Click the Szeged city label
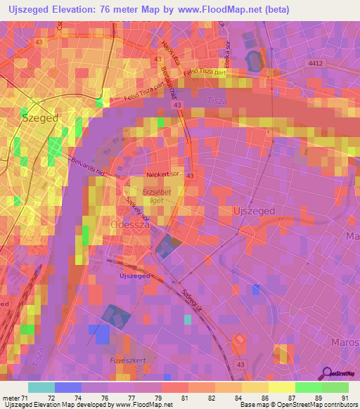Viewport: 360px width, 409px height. pos(39,118)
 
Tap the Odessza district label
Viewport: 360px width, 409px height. pos(130,225)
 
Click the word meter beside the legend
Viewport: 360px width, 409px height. pos(10,398)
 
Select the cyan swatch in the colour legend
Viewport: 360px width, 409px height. pos(41,387)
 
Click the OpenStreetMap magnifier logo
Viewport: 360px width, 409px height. pos(326,373)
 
